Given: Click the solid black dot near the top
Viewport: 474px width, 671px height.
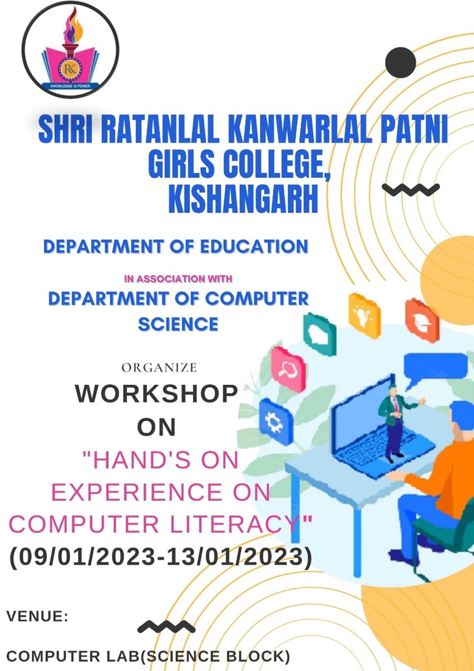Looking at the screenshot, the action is (x=400, y=62).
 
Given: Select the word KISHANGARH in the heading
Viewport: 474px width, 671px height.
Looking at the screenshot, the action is (x=243, y=199).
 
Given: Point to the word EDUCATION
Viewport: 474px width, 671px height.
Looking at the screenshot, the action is (x=254, y=247).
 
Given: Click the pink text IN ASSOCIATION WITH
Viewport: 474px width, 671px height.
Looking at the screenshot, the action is (x=178, y=279).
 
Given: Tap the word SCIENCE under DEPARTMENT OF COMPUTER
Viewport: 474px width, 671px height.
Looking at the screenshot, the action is (x=178, y=324).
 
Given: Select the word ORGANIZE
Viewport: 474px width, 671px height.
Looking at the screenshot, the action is (x=159, y=367).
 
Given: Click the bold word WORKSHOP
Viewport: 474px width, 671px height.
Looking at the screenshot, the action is (x=157, y=394).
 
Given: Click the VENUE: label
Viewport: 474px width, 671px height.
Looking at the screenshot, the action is (x=37, y=616).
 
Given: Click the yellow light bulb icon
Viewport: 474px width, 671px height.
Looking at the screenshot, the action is (x=364, y=315).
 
